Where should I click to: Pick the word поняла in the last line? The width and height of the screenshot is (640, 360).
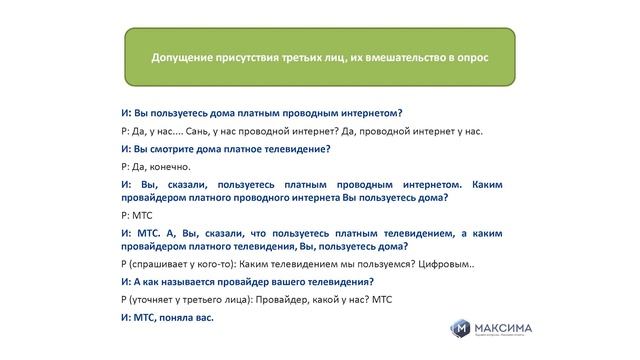(x=176, y=317)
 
